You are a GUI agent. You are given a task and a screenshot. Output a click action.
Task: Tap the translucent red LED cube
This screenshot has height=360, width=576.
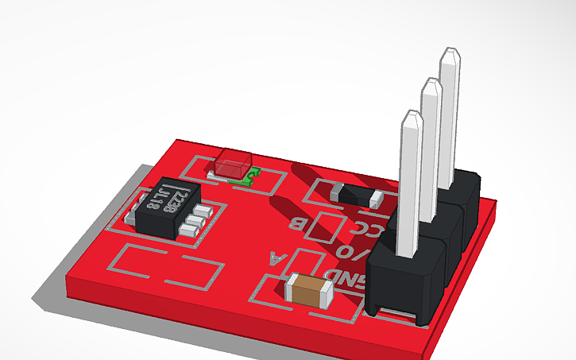click(231, 165)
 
